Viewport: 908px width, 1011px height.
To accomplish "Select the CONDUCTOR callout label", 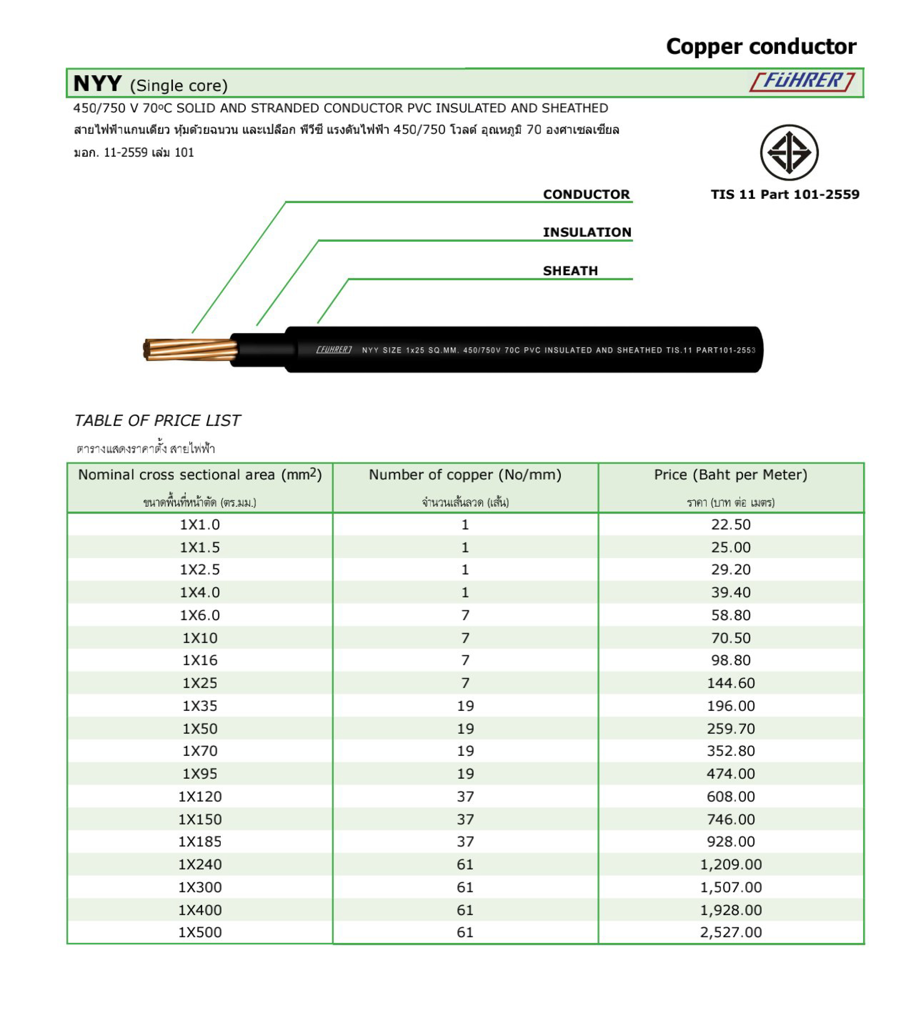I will click(x=586, y=194).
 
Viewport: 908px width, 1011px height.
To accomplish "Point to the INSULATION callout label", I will click(x=587, y=232).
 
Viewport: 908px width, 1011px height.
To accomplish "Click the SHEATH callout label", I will click(x=570, y=271).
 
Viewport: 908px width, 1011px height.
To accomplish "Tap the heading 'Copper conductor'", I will click(x=761, y=46).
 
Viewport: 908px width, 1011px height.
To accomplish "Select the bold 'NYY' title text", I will click(x=98, y=83).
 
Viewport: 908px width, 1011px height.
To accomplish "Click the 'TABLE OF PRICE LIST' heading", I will click(x=157, y=420).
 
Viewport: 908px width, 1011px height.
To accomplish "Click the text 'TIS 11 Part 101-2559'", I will click(x=785, y=194).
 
